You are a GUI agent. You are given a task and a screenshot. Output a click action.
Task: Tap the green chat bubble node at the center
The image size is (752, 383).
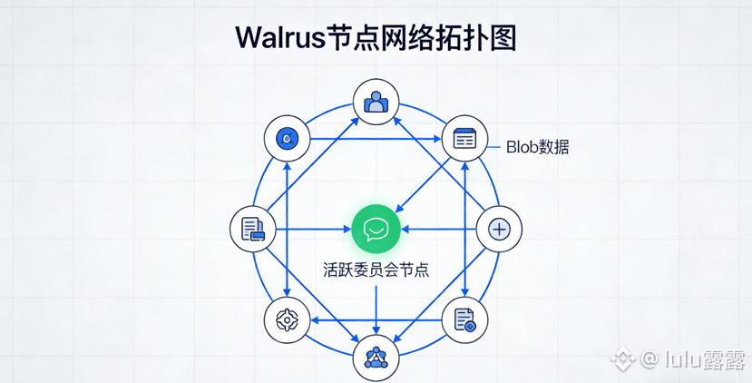(376, 230)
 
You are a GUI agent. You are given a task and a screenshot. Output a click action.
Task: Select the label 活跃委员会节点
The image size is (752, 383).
(376, 270)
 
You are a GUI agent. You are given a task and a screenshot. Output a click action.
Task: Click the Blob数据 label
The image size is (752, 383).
(538, 147)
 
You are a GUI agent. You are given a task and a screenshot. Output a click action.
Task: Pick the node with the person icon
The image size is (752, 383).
(376, 103)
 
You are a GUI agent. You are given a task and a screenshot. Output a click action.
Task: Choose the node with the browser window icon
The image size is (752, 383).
(464, 138)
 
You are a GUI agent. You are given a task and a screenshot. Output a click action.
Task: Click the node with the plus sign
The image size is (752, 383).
(499, 230)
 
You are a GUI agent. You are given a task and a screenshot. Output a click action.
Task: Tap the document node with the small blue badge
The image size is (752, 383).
(464, 319)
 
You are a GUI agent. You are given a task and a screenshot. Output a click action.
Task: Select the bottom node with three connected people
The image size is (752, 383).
(376, 358)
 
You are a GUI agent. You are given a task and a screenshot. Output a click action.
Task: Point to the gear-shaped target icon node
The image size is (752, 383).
(288, 319)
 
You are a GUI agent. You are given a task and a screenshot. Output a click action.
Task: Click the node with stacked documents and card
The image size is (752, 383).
(253, 229)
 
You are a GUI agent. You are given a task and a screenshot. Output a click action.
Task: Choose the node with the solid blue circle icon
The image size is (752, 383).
(288, 139)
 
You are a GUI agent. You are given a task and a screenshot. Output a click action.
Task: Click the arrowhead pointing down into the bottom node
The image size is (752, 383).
(376, 329)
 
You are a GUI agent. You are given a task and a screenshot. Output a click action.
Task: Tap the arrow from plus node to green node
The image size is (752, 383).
(438, 230)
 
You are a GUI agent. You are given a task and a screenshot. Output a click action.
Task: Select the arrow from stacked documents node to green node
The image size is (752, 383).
(314, 230)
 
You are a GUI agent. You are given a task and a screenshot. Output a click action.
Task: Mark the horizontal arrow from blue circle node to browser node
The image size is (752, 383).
(376, 139)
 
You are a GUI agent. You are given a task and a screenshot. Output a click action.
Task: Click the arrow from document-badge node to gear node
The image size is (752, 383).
(376, 319)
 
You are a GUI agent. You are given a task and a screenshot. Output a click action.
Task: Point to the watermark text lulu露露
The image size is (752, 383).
(705, 359)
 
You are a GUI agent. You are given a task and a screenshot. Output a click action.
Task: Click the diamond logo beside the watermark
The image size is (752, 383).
(623, 358)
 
